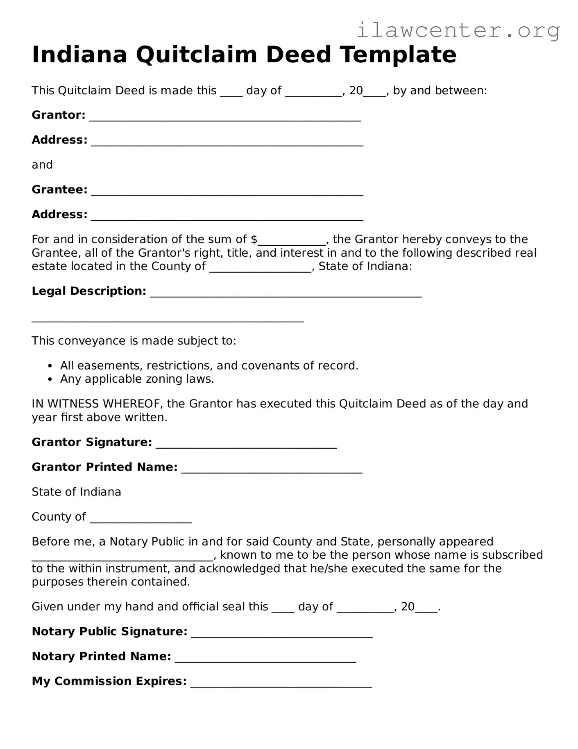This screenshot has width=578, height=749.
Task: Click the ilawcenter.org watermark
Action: (458, 30)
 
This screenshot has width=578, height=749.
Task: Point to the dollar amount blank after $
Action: (292, 241)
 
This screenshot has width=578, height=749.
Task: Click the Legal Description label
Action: (89, 291)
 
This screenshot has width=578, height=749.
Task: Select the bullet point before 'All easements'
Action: (50, 366)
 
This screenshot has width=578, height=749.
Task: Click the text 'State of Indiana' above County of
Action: (77, 492)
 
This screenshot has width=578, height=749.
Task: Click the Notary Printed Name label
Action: (101, 656)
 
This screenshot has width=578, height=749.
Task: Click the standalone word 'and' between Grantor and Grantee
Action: (42, 165)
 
